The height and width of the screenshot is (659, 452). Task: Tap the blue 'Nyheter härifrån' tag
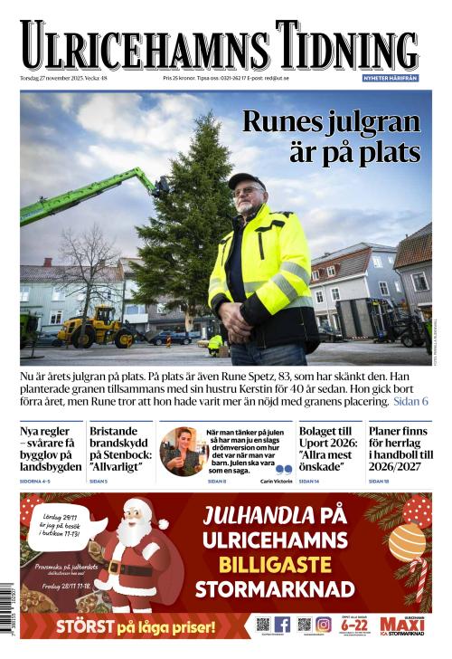click(391, 79)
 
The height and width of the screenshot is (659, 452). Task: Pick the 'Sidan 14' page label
click(308, 482)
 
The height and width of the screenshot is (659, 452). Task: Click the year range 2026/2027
click(399, 467)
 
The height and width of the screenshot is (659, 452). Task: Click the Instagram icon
click(323, 625)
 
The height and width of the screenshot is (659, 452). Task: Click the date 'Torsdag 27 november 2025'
click(51, 79)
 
